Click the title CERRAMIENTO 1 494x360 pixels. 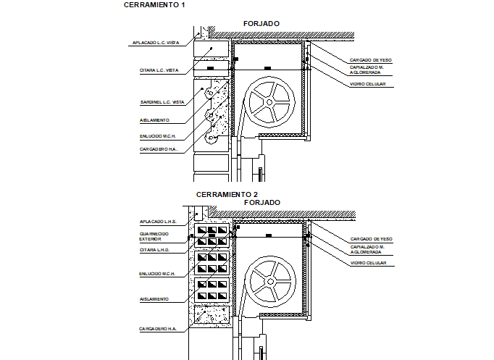154,5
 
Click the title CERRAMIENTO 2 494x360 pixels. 227,194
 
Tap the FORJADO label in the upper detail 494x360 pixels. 261,24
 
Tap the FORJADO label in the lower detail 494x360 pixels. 261,202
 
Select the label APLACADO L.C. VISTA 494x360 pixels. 155,43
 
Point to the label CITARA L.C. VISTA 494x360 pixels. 159,70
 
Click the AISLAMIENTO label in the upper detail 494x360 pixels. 154,120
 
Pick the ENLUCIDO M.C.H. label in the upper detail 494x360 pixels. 159,135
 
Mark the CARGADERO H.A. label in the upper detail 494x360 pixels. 158,149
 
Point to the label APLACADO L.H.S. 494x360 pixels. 158,221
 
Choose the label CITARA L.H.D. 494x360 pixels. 155,249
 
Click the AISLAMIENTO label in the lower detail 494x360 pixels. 154,298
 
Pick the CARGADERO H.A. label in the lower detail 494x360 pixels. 158,329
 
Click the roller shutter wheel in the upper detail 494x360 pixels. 269,102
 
